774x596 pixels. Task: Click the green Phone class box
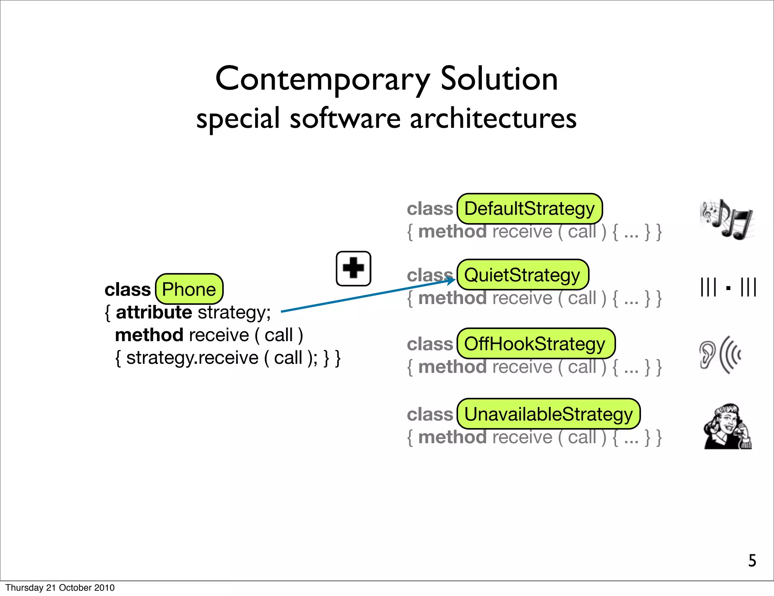[189, 289]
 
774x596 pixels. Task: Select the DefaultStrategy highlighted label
[529, 209]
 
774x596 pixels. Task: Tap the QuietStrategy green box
[522, 275]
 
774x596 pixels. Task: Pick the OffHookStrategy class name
[536, 344]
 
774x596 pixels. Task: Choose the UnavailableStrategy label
[548, 414]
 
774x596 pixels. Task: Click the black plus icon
[353, 269]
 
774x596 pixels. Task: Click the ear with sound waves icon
[719, 355]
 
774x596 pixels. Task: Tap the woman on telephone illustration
[728, 426]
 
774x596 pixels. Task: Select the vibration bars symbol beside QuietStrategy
[728, 287]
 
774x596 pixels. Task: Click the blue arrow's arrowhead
[452, 280]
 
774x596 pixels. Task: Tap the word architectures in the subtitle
[493, 119]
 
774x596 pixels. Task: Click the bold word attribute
[154, 312]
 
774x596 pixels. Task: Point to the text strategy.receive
[192, 358]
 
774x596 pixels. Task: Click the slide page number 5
[752, 560]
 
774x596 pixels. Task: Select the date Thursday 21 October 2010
[60, 588]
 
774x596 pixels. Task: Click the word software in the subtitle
[345, 119]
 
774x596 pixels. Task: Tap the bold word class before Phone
[127, 290]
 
